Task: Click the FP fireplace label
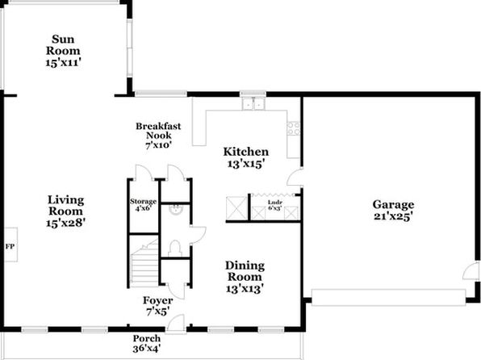[x=10, y=246]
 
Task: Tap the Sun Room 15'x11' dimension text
[x=63, y=63]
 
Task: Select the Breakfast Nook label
[x=158, y=131]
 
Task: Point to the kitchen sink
[x=253, y=103]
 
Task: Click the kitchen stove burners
[x=294, y=128]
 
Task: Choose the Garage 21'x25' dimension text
[x=392, y=216]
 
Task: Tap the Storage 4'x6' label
[x=144, y=205]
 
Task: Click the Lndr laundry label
[x=275, y=203]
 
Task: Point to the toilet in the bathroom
[x=175, y=249]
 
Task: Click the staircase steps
[x=144, y=264]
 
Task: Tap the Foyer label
[x=157, y=300]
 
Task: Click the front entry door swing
[x=175, y=323]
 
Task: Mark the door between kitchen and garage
[x=295, y=177]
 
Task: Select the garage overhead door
[x=389, y=297]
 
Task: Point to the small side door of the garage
[x=471, y=270]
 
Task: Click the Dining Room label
[x=245, y=271]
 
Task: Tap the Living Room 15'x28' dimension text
[x=65, y=223]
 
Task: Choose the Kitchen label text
[x=245, y=152]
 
